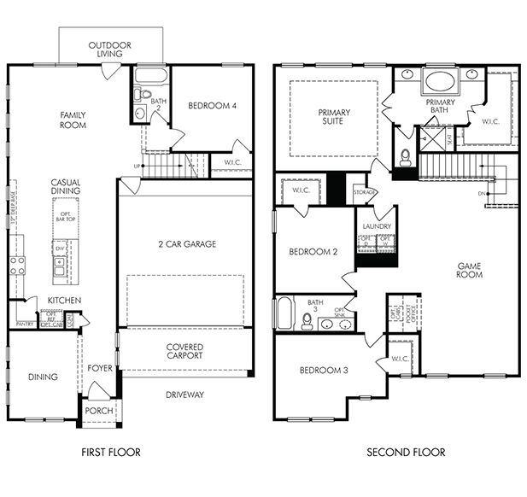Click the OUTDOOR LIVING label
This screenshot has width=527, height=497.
click(109, 49)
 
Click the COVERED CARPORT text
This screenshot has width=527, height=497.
click(184, 352)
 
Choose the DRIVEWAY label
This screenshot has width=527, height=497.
click(184, 395)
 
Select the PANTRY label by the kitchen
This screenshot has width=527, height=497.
click(25, 324)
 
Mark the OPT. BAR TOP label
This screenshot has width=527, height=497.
click(65, 216)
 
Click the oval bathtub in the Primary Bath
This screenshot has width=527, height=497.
click(440, 83)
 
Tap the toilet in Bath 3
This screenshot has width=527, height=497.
click(307, 320)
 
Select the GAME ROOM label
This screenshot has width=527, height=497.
click(469, 270)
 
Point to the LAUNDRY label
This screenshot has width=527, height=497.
click(376, 226)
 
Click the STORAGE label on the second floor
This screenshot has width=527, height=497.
click(365, 193)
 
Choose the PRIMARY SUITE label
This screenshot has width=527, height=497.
click(335, 117)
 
